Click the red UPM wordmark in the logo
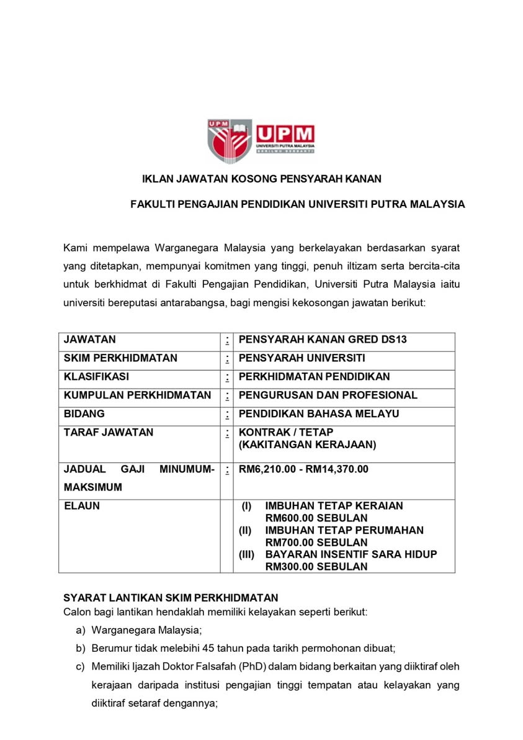(285, 133)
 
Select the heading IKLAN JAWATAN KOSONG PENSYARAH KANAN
(261, 179)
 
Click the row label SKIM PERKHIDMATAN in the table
(120, 358)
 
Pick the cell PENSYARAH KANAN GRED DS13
(323, 340)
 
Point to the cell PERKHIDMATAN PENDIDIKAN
(314, 377)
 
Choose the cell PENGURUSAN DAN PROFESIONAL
(328, 395)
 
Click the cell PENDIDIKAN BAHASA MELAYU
(319, 413)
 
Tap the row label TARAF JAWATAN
(109, 432)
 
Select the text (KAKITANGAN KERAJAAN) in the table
(307, 444)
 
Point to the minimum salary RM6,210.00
(266, 469)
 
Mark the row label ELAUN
(82, 506)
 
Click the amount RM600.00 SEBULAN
(316, 518)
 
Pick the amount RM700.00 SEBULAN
(316, 542)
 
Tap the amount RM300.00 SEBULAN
(316, 566)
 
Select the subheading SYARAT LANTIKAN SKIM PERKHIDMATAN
(171, 598)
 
